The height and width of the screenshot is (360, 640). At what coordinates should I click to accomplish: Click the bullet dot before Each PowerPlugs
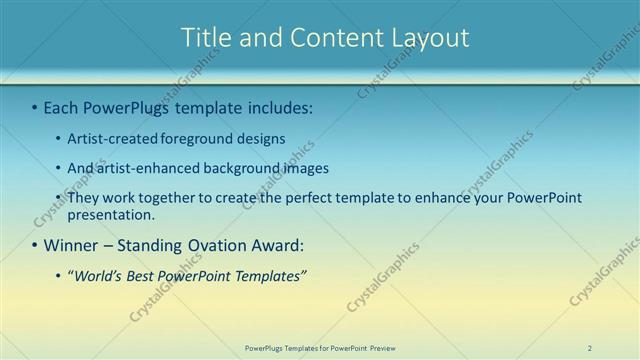[35, 107]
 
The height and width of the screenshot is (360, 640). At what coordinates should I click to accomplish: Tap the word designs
[262, 139]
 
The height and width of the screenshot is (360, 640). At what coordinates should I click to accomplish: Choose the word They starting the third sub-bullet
[83, 198]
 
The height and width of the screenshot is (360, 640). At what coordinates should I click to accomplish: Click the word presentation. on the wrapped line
[111, 214]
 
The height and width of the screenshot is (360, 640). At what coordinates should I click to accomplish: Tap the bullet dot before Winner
[35, 245]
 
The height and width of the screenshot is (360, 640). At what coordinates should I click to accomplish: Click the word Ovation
[228, 245]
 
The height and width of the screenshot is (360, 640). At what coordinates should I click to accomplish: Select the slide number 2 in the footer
[589, 348]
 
